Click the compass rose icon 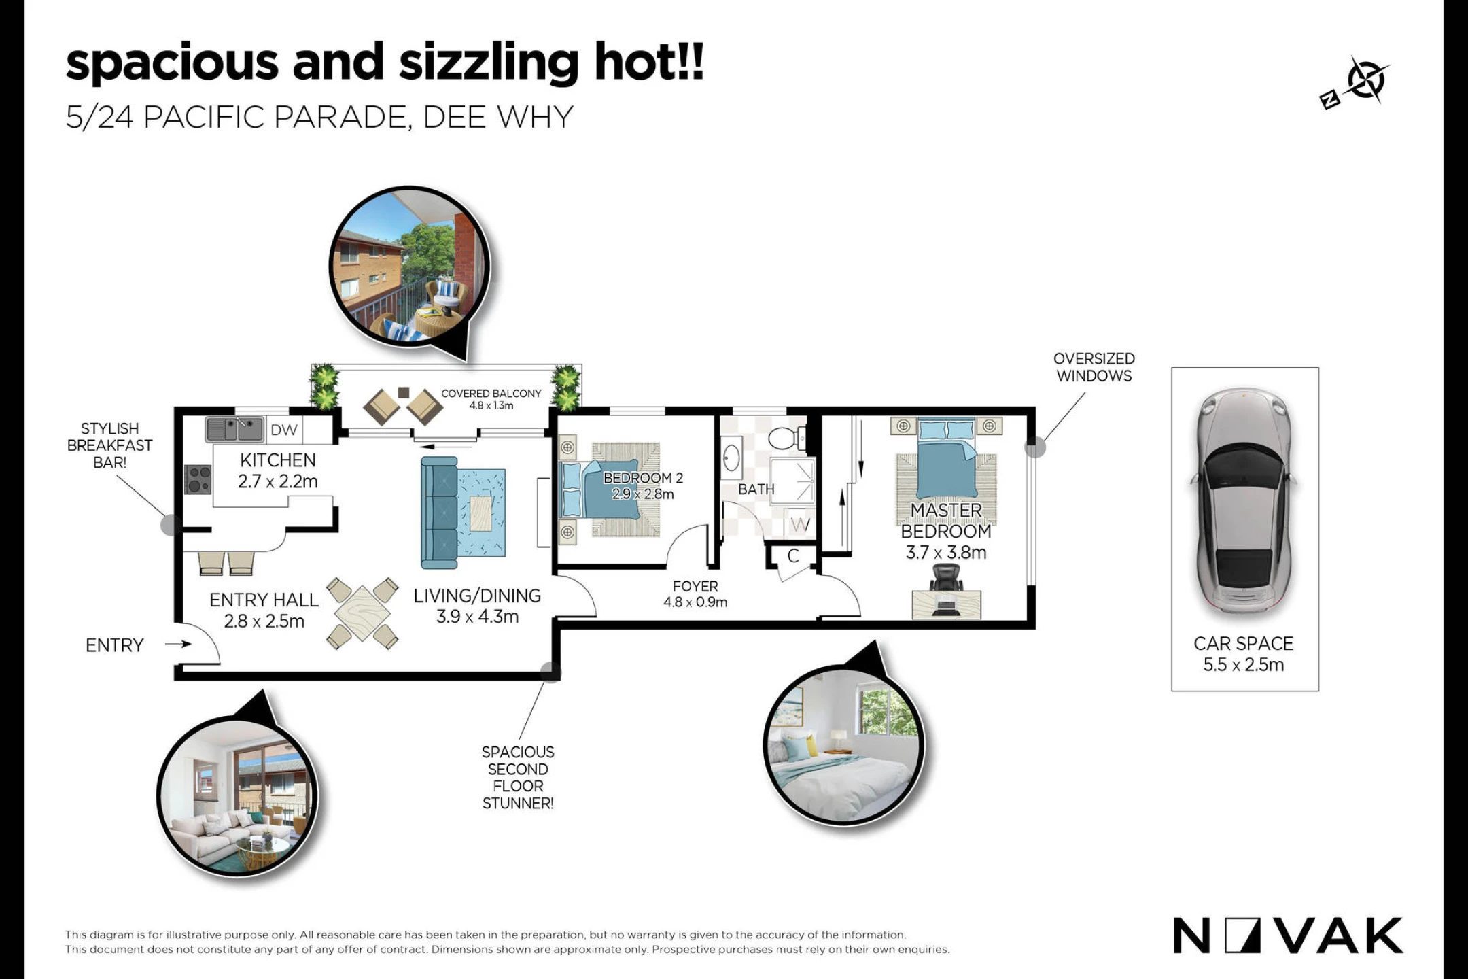(x=1365, y=81)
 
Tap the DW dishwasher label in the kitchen (x=283, y=430)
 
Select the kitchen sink (x=235, y=429)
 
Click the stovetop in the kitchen (x=198, y=479)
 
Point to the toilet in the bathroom (x=788, y=438)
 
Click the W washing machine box (x=800, y=524)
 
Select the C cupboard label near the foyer (x=793, y=556)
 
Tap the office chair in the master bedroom (x=945, y=579)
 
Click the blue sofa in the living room (x=439, y=512)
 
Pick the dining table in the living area (x=362, y=613)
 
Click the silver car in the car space (x=1243, y=504)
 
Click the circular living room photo (x=237, y=795)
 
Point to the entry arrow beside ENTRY (x=178, y=644)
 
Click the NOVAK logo (x=1288, y=936)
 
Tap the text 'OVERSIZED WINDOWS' (x=1094, y=367)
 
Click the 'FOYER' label (x=695, y=586)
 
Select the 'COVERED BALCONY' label (x=491, y=394)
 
